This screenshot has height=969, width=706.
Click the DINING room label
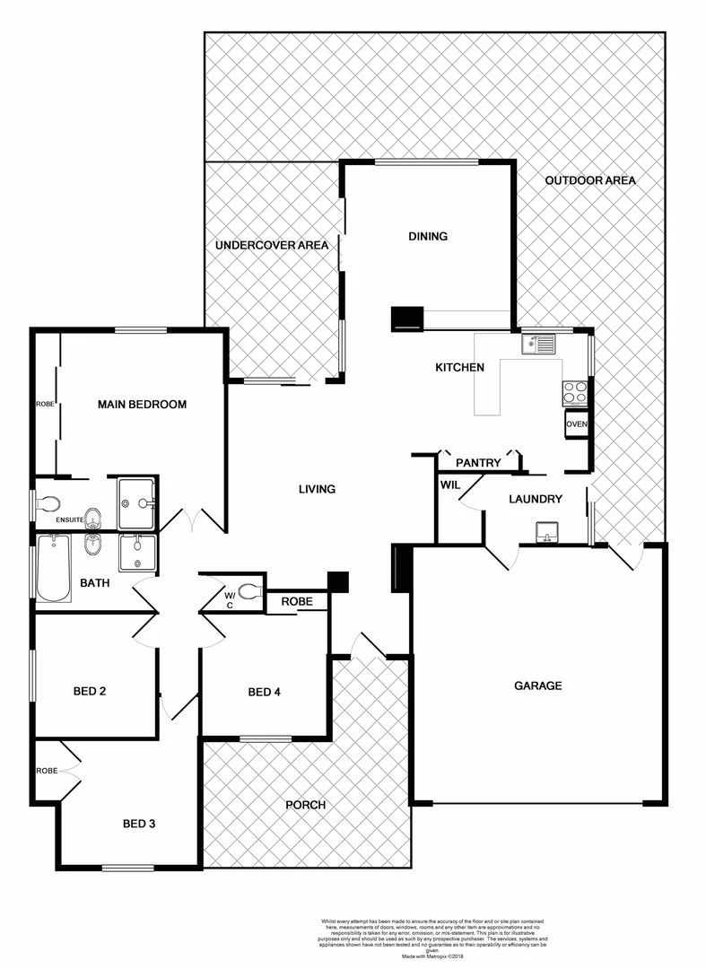click(428, 237)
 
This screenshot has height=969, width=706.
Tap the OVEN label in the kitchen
click(575, 424)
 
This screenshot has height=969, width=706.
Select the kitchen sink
click(540, 343)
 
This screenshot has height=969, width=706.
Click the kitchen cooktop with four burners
click(574, 392)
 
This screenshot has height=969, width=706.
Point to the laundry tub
click(545, 532)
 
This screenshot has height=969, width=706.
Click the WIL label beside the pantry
click(449, 485)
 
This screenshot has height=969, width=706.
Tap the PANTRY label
click(478, 463)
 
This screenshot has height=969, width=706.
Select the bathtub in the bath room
click(54, 569)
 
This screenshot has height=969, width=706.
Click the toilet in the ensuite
click(49, 503)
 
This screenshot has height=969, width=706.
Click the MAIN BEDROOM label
click(142, 405)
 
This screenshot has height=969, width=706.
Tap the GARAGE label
click(537, 685)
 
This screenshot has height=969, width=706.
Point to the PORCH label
click(306, 805)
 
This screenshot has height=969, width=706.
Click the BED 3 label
click(140, 822)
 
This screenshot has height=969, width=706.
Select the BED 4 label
click(265, 692)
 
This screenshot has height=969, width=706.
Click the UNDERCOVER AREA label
click(270, 245)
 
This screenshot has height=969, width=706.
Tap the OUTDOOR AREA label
click(590, 180)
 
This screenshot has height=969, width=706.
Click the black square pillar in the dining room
click(408, 319)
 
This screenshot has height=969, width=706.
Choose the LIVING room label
click(317, 489)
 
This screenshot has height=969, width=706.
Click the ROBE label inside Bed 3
click(47, 771)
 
